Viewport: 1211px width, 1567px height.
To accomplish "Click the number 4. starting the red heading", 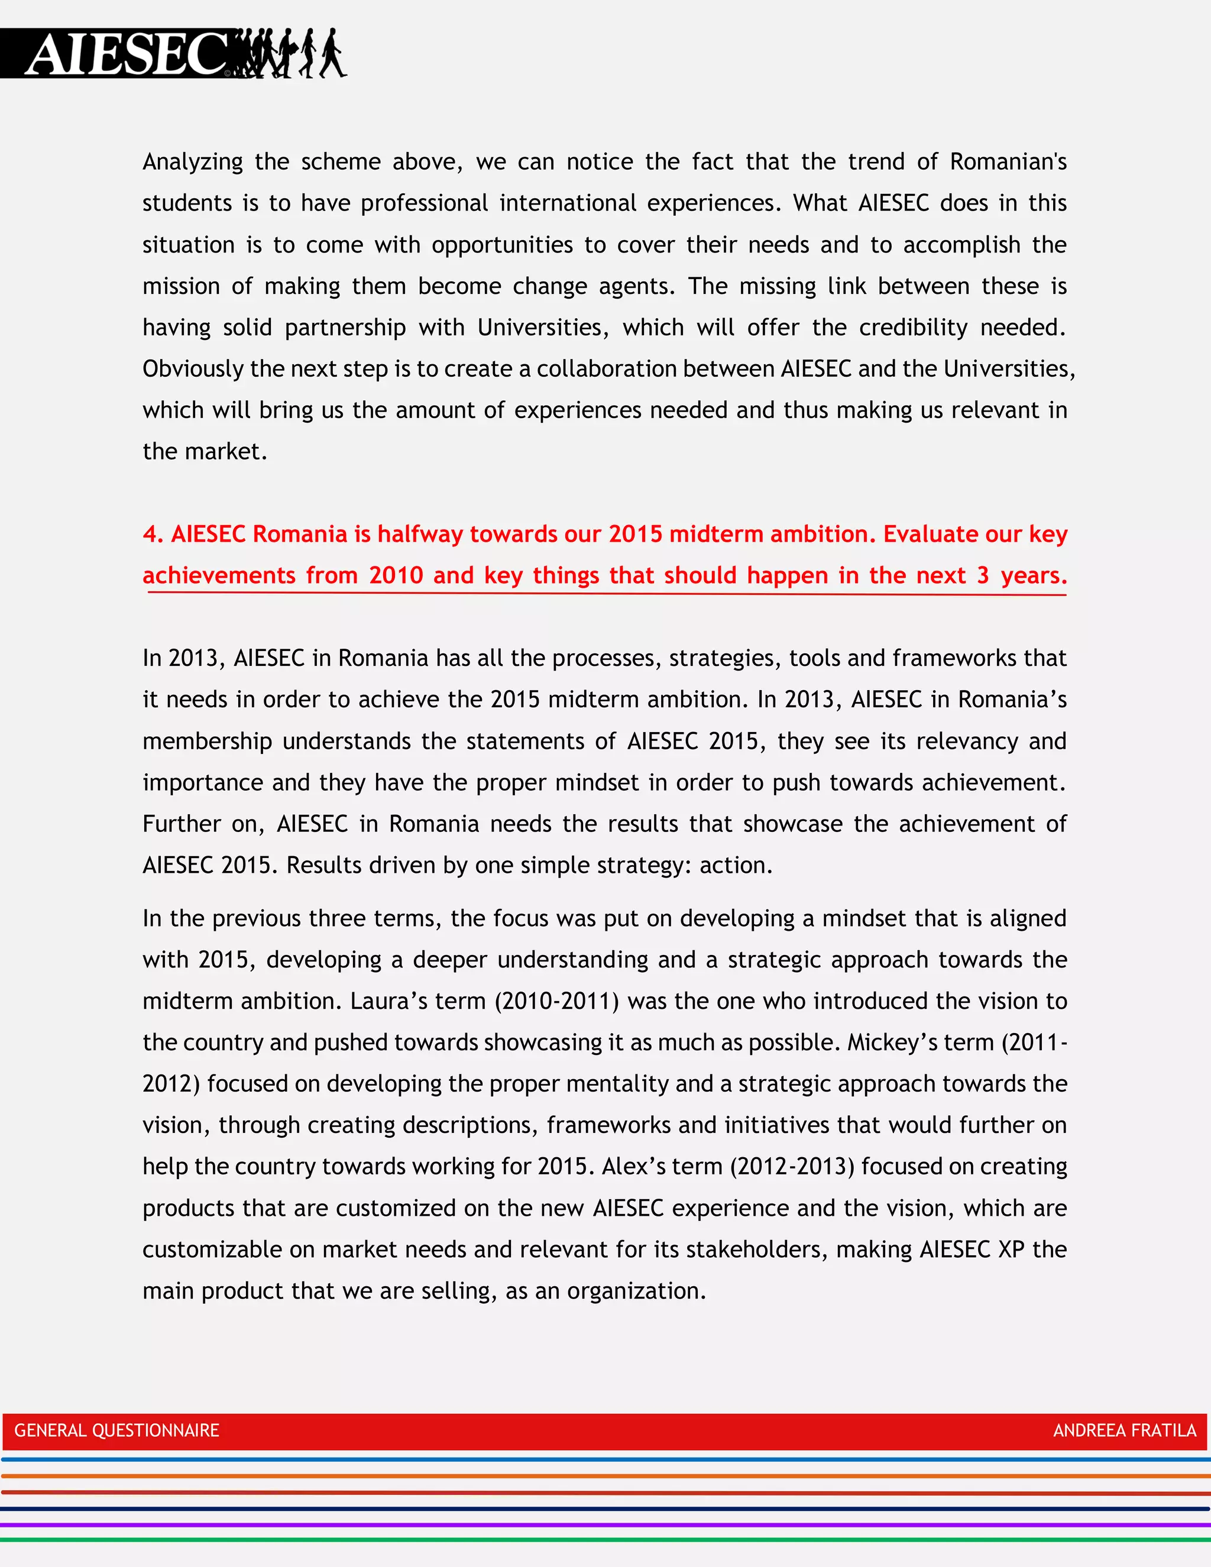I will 152,534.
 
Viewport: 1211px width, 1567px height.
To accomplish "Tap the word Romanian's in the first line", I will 1008,161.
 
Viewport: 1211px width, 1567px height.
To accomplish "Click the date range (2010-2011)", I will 556,1001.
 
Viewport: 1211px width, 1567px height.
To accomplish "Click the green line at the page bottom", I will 605,1540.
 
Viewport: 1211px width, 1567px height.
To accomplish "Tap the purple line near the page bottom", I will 605,1524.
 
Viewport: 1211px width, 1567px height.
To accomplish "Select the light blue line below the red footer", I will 605,1459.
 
